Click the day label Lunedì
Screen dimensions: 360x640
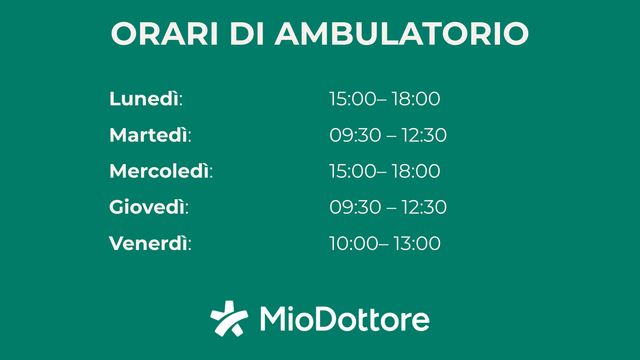click(144, 99)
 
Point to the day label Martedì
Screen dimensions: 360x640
click(149, 135)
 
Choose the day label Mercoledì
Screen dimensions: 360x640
click(159, 171)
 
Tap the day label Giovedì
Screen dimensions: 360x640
click(147, 207)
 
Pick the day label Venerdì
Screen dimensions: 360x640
click(149, 243)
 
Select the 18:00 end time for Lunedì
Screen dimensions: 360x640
click(416, 99)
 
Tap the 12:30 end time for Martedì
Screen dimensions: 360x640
click(423, 135)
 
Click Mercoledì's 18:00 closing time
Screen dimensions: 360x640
click(416, 171)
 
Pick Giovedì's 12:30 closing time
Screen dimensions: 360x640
click(423, 207)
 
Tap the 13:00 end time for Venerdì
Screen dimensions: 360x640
click(416, 243)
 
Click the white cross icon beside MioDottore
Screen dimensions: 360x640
click(229, 319)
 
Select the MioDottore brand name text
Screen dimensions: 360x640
click(344, 320)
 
